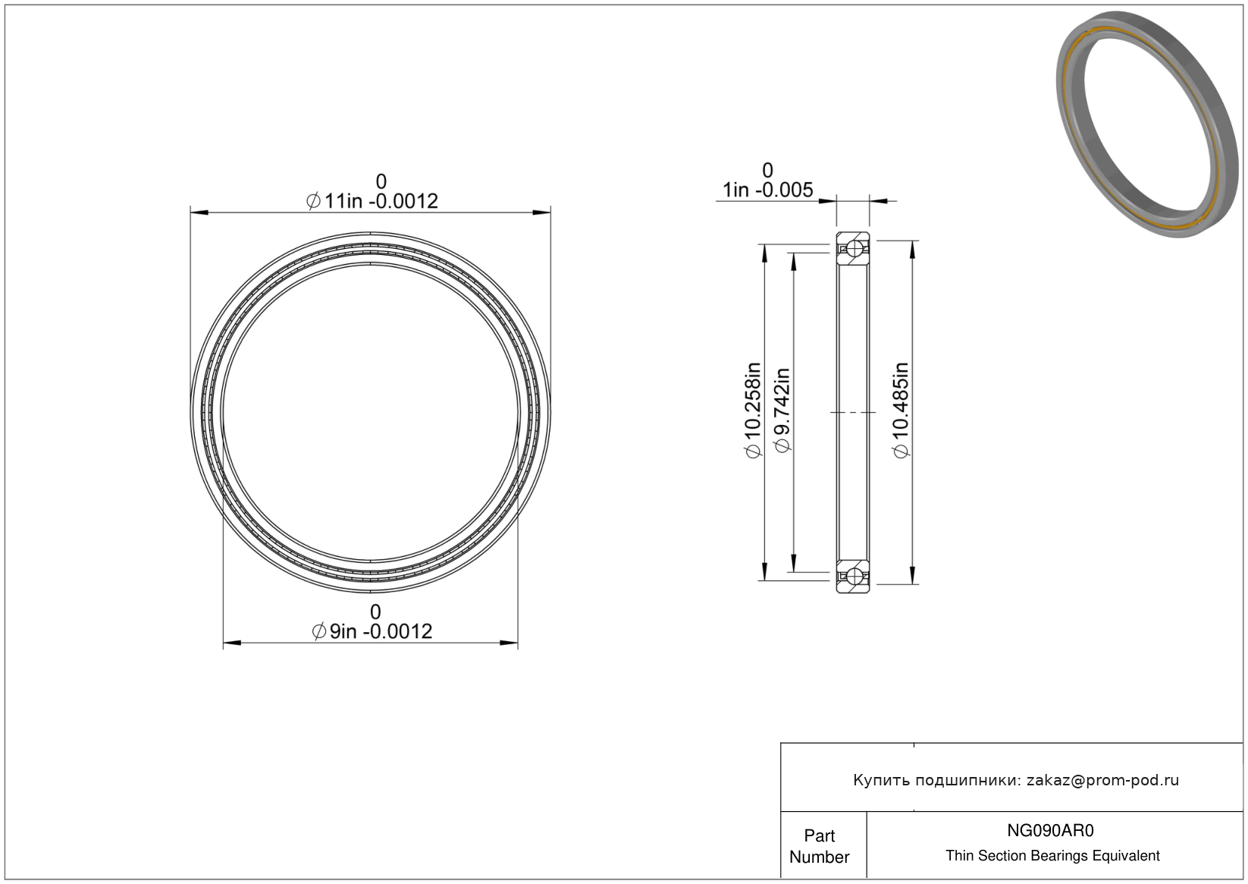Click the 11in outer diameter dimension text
click(x=372, y=201)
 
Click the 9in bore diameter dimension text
click(x=372, y=631)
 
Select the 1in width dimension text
click(x=768, y=190)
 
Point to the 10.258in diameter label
click(x=753, y=411)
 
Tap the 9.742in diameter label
click(x=782, y=411)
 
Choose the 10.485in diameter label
click(x=901, y=411)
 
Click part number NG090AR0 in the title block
click(x=1050, y=830)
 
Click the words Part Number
click(x=819, y=846)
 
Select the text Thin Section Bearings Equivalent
click(x=1052, y=856)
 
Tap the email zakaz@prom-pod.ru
click(x=1102, y=780)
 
